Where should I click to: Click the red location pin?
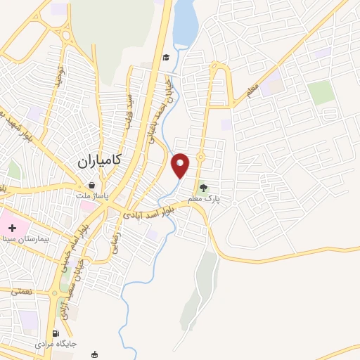coord(181,165)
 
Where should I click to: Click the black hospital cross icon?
coord(12,228)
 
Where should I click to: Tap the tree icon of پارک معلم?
coord(203,188)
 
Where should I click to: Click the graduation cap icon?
coord(167,58)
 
